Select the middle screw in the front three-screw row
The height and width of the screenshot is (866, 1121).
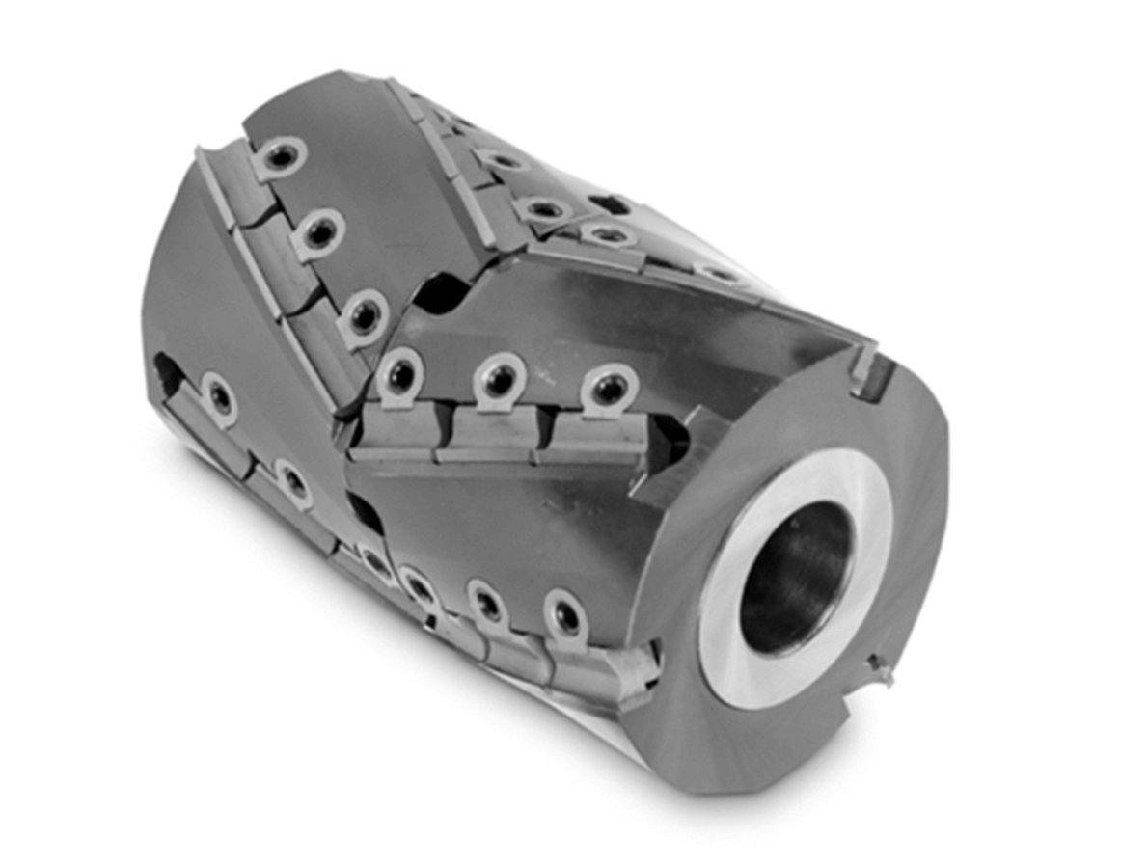[x=500, y=379]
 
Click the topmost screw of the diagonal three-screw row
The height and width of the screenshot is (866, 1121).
[x=280, y=156]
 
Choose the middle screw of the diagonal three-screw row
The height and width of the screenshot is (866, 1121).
[x=318, y=231]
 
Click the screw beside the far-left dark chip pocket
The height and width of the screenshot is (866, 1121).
[x=219, y=396]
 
